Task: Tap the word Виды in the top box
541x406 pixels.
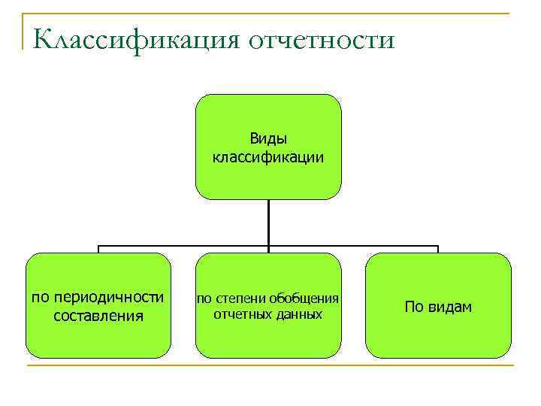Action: coord(268,139)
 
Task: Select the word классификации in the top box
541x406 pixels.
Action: coord(268,157)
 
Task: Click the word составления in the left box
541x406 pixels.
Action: coord(98,315)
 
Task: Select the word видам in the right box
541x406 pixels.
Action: coord(449,307)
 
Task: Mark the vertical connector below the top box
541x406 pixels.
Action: coord(268,223)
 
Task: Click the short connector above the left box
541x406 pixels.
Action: coord(98,249)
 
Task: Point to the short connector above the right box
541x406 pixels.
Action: coord(438,249)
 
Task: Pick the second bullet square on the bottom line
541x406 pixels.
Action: coord(268,366)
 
